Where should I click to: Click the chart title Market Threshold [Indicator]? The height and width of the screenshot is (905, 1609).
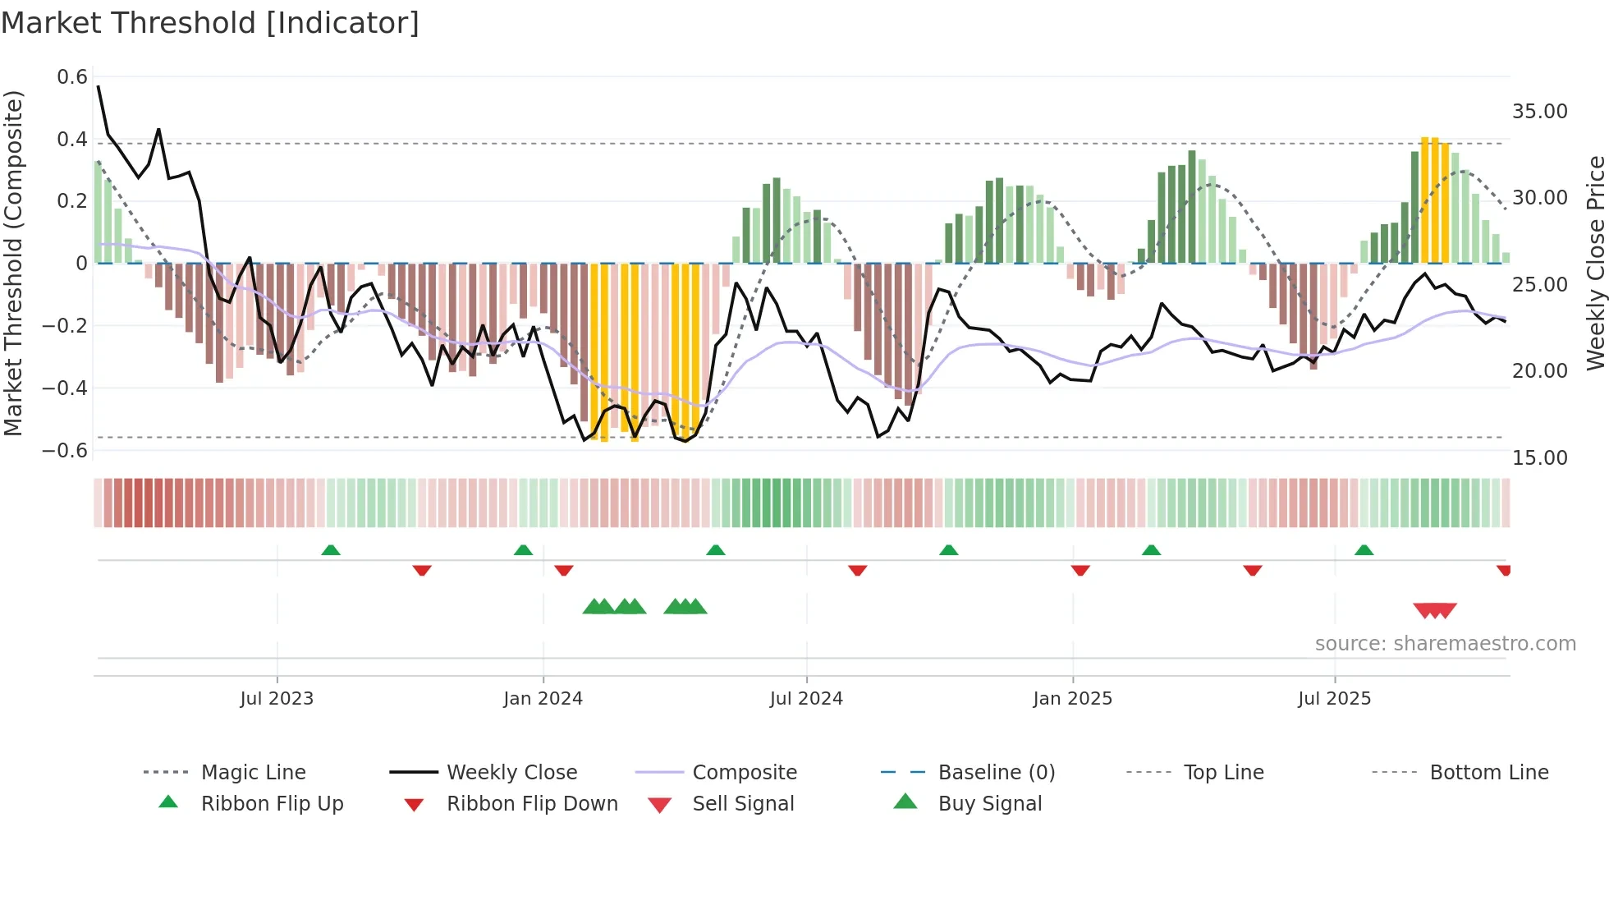(210, 23)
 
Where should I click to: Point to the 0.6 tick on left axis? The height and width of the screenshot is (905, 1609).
(72, 77)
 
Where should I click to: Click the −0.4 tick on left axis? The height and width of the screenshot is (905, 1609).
(65, 388)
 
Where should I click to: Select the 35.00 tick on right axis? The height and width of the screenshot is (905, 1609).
(1539, 112)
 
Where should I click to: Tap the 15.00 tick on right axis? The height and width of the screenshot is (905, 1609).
(1539, 458)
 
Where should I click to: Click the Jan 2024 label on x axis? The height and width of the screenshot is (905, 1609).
(543, 699)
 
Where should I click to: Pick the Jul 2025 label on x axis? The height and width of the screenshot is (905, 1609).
(1334, 699)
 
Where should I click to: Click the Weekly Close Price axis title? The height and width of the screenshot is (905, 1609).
(1595, 263)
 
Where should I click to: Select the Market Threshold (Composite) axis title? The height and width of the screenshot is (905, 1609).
(13, 263)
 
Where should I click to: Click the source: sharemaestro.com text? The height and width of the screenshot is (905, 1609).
(1445, 644)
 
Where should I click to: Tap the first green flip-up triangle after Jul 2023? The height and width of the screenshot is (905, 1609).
(331, 549)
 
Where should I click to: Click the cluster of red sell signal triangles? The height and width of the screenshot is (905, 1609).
(1434, 610)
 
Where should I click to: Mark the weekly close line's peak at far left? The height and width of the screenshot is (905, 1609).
(99, 86)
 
